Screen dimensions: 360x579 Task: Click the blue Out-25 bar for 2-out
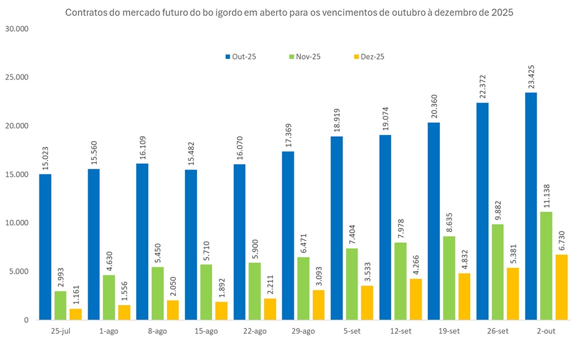tap(531, 206)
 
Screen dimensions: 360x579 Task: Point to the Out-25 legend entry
tap(240, 57)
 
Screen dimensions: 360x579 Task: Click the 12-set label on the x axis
tap(400, 331)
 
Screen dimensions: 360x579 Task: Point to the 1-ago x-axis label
tap(109, 331)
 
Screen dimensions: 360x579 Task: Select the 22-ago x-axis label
tap(254, 331)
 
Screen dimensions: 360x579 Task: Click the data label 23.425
tap(531, 74)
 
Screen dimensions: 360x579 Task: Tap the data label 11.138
tap(546, 194)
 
